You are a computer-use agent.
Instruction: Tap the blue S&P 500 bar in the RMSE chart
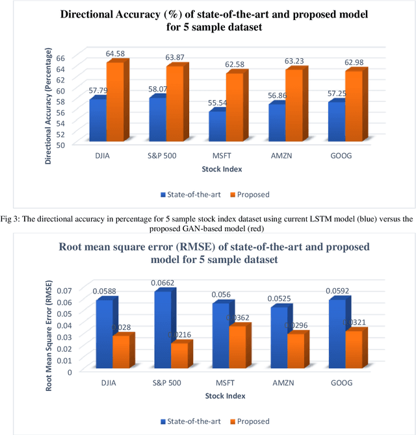[162, 332]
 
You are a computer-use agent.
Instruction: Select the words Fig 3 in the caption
[11, 219]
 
